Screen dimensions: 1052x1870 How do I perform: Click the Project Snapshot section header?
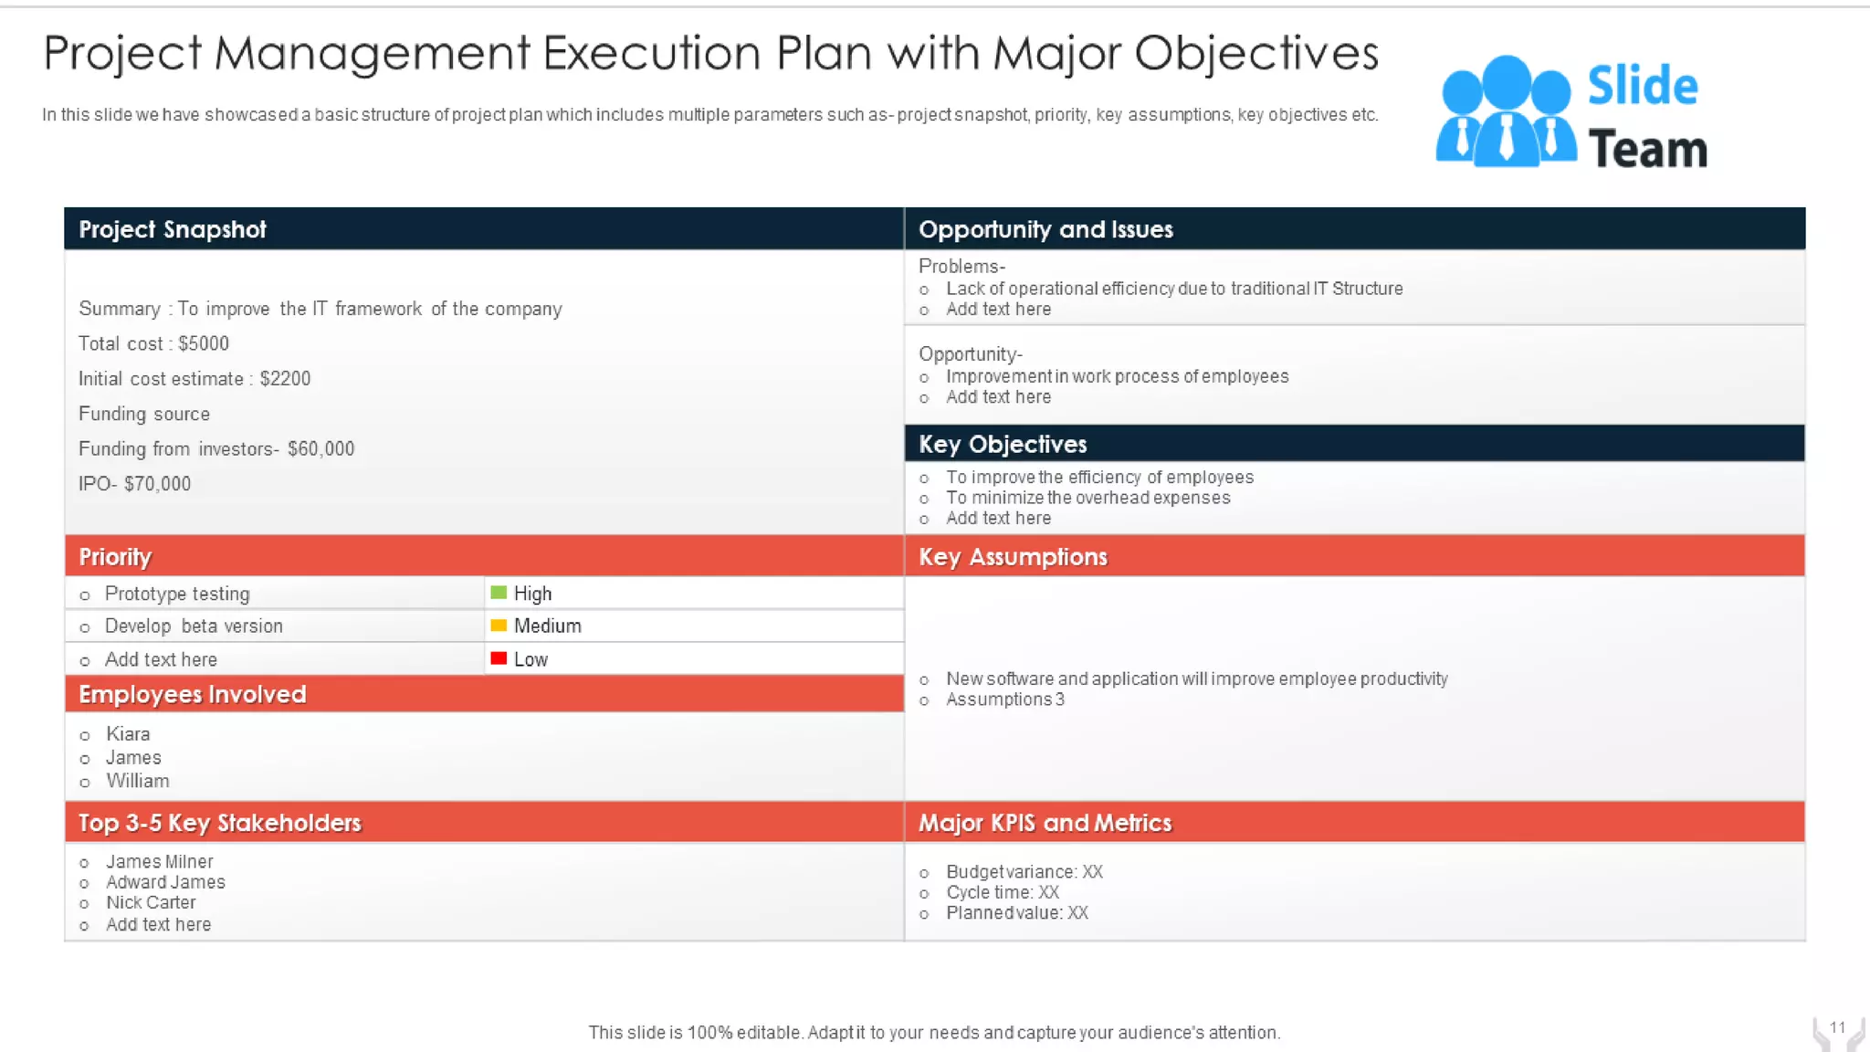[173, 229]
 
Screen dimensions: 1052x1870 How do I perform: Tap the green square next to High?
[499, 593]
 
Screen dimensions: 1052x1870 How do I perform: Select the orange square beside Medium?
[499, 626]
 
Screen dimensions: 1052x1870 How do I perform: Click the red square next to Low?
[499, 658]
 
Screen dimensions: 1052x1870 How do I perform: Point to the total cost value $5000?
[204, 343]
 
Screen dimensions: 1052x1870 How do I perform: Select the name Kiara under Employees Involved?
[128, 734]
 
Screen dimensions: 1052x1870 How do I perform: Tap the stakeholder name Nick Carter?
[151, 902]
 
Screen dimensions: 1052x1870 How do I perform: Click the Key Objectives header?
[1003, 444]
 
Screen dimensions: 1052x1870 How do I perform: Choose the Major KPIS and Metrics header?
[1045, 823]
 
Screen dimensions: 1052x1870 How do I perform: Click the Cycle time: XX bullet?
[1003, 892]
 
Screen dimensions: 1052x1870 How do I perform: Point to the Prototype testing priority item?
[177, 594]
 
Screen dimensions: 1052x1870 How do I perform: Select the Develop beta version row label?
[194, 626]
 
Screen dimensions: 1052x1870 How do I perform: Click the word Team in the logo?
[1647, 149]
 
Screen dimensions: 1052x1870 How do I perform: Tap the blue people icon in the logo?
[1505, 112]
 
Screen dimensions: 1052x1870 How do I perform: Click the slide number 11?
[1837, 1027]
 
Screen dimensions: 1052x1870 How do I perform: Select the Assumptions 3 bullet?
[1004, 700]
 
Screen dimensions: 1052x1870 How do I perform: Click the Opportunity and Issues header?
[1045, 229]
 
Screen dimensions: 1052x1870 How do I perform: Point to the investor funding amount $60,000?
[320, 448]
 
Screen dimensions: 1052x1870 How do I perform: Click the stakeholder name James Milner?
[159, 861]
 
